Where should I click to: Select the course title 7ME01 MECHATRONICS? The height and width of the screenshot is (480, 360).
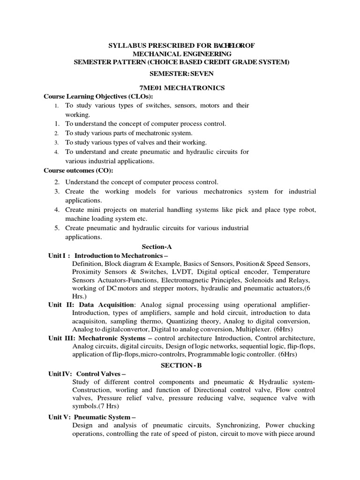180,88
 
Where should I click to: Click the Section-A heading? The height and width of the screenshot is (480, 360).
157,246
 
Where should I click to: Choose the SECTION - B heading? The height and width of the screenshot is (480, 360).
180,364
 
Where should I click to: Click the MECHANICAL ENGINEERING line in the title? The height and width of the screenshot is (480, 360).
180,53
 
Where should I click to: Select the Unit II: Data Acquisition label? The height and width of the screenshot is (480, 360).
91,305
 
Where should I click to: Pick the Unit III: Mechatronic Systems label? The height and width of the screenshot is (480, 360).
100,338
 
